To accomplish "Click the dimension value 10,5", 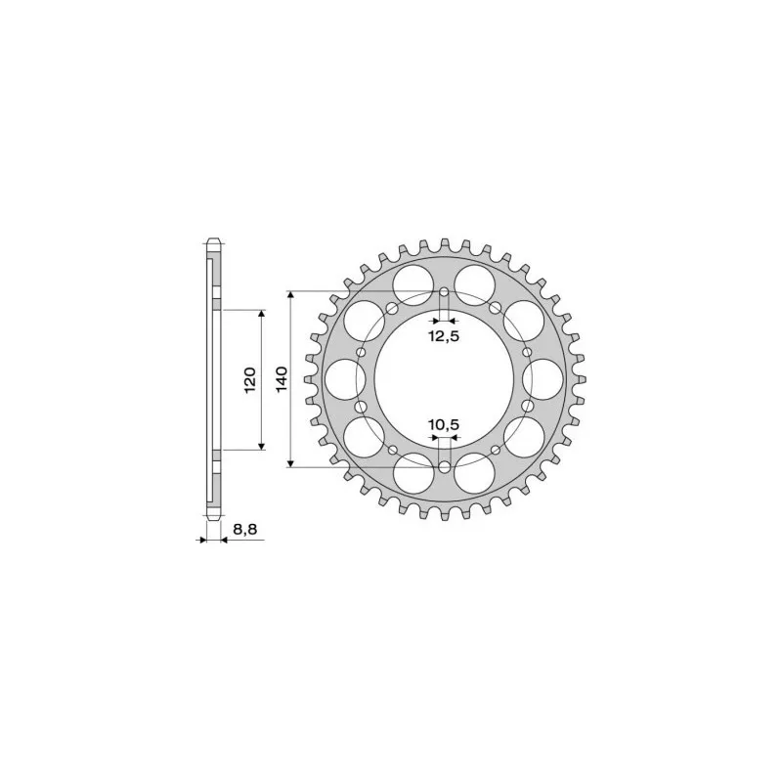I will (x=444, y=424).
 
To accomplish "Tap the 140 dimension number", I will (x=282, y=378).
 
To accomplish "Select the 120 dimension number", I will (x=250, y=378).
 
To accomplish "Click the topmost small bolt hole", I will (x=445, y=292).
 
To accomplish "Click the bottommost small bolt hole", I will (x=445, y=467).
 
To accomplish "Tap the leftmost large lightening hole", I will (x=342, y=378).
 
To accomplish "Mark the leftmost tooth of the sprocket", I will (x=306, y=379).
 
